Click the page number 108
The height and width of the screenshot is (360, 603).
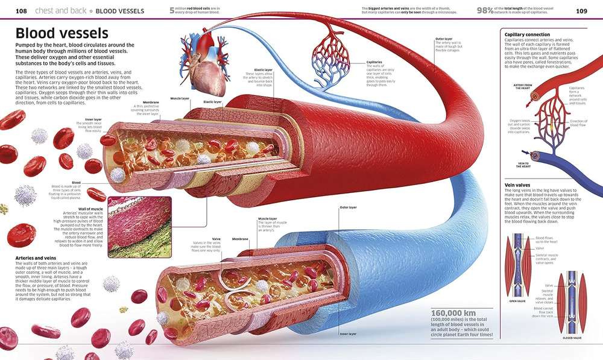coord(21,11)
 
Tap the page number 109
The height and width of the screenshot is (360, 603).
coord(581,11)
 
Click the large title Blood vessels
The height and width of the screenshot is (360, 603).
coord(62,33)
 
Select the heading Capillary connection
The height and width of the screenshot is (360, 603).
coord(526,34)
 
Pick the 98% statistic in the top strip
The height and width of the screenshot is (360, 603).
coord(485,10)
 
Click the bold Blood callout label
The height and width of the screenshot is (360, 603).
coord(76,182)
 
